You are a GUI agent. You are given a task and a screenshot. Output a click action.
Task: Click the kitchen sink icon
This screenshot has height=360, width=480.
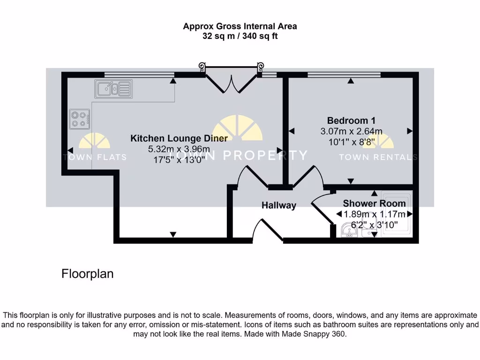113,89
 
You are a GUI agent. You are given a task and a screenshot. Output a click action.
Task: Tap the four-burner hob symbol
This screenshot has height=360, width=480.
80,119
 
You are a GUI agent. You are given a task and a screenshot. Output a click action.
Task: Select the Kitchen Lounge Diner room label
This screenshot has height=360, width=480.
179,138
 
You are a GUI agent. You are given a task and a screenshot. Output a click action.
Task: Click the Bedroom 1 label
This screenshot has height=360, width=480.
351,120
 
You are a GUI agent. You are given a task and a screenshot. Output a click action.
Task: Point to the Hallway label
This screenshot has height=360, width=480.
278,205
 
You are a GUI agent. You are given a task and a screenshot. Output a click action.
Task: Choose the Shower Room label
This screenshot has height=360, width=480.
374,203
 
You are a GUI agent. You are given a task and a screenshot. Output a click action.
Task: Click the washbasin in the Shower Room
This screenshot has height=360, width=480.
349,230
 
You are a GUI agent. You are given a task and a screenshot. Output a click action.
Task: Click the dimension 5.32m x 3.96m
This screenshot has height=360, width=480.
179,149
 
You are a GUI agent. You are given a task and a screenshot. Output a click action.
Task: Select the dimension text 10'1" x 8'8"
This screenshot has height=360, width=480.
351,142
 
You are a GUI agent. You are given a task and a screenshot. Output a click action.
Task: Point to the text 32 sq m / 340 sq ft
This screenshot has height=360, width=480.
240,36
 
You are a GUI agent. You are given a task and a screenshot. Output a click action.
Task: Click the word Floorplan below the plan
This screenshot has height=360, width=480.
87,274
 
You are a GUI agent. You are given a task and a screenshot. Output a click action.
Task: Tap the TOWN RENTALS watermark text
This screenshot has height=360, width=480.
378,157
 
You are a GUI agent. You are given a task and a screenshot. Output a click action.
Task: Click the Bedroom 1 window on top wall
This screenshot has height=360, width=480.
344,74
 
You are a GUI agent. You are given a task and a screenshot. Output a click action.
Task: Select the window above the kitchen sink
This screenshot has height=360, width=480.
139,74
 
